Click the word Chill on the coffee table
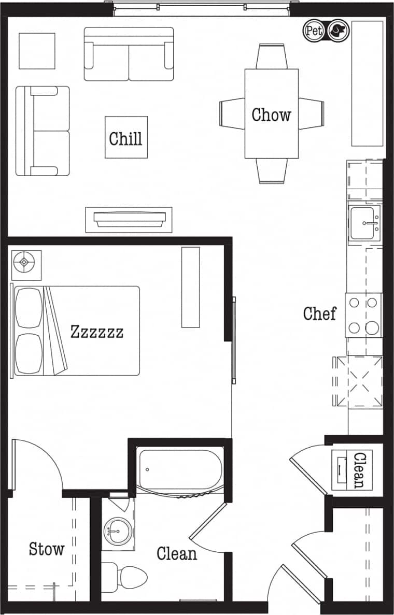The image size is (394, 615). tap(125, 138)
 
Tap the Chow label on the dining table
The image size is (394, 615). tap(271, 115)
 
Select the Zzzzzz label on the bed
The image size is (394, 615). tap(97, 332)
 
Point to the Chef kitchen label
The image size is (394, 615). tap(319, 313)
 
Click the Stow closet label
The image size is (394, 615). tap(46, 549)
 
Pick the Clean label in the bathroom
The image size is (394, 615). tap(177, 553)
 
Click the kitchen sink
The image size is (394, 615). tap(365, 223)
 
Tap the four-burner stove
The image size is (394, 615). tap(364, 315)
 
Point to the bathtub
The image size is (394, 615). tap(180, 469)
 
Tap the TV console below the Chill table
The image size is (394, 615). tap(129, 219)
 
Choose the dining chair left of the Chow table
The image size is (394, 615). tap(232, 113)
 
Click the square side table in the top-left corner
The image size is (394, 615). tap(37, 51)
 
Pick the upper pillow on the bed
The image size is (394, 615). tap(29, 308)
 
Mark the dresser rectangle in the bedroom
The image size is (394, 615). tap(190, 287)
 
